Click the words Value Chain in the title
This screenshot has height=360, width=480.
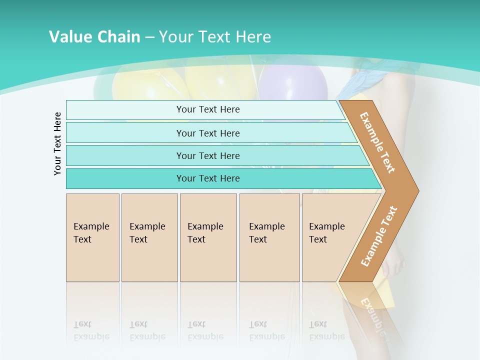pos(94,37)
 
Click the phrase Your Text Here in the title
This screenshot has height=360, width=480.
pos(215,37)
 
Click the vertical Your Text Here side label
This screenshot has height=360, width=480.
pos(57,143)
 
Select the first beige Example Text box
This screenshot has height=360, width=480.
pos(92,237)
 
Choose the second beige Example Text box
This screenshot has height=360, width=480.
pos(149,237)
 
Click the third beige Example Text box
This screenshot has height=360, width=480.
pos(208,237)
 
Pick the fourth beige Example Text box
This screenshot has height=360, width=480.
pos(269,237)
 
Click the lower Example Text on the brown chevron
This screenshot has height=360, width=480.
pos(378,236)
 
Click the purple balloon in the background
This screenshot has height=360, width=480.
pos(293,82)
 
